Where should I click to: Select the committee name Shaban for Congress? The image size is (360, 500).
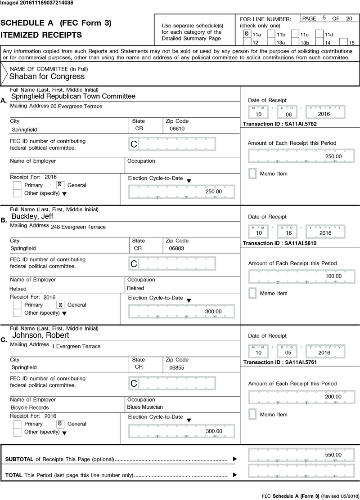[x=41, y=76]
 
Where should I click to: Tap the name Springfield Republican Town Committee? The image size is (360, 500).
[x=73, y=96]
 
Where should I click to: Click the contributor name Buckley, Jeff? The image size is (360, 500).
[x=32, y=216]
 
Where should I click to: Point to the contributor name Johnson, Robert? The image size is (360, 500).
[x=40, y=335]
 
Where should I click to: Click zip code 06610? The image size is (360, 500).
[x=177, y=129]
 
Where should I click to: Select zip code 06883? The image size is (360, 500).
[x=177, y=248]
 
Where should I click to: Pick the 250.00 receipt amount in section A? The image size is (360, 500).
[x=333, y=156]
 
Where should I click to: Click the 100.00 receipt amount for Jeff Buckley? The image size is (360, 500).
[x=333, y=276]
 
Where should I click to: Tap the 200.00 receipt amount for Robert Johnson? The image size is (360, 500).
[x=333, y=397]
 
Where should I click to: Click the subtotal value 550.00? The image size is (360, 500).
[x=333, y=455]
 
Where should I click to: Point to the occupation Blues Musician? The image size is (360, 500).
[x=144, y=408]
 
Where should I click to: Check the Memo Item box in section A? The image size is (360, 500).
[x=253, y=174]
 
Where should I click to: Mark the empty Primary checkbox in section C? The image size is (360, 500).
[x=17, y=424]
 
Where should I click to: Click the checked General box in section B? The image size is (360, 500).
[x=60, y=305]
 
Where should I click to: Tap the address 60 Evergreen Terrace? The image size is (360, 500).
[x=76, y=107]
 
